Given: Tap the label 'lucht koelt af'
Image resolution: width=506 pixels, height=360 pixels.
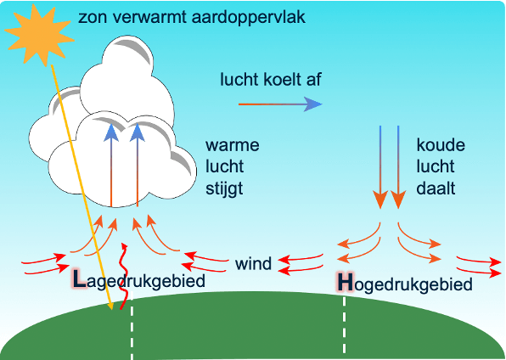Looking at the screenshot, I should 269,81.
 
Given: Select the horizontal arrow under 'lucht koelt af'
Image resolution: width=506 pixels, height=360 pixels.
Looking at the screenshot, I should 280,104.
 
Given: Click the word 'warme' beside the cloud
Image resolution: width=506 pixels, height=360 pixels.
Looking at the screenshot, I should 232,144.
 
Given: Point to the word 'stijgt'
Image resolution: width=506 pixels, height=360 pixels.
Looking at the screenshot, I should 224,188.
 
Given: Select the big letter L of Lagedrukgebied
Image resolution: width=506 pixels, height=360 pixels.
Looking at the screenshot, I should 78,278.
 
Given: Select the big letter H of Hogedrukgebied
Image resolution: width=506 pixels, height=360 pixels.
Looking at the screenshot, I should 344,281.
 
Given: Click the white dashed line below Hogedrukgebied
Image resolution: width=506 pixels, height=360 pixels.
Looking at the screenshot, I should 344,327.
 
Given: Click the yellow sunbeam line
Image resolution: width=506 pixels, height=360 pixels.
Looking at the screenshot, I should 81,187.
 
